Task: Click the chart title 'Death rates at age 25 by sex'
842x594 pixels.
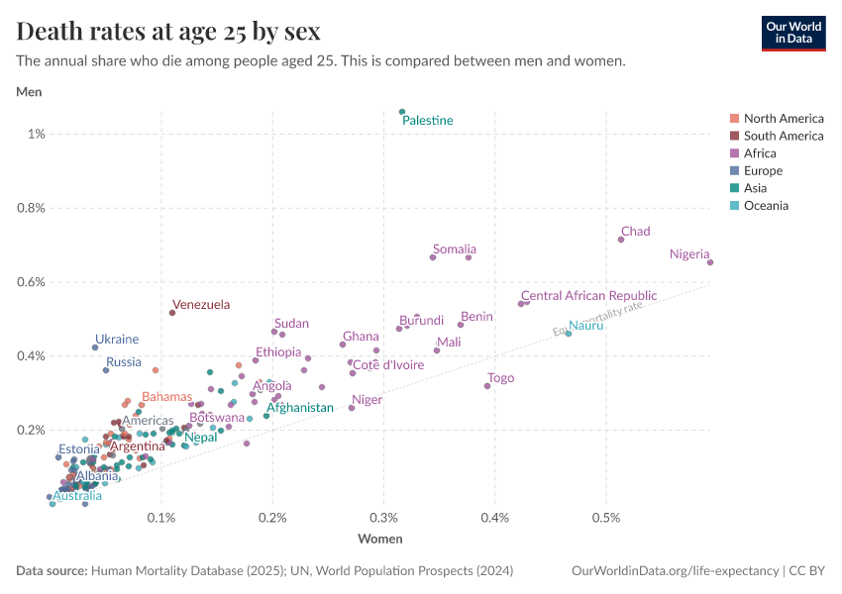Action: tap(168, 31)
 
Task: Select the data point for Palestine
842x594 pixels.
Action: tap(402, 112)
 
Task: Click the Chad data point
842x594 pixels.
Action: tap(621, 240)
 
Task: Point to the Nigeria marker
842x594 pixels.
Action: tap(710, 262)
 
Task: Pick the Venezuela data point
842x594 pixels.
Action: tap(172, 313)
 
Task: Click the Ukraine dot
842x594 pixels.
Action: tap(95, 347)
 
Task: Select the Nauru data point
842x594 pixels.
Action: tap(568, 334)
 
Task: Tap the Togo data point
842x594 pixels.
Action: tap(487, 386)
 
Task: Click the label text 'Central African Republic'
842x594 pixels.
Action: tap(588, 296)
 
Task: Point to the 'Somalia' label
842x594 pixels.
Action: tap(455, 249)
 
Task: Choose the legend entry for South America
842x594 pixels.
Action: tap(783, 136)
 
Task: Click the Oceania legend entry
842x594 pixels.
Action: tap(773, 206)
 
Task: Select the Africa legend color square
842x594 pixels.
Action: tap(734, 153)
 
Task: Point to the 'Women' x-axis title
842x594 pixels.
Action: tap(379, 539)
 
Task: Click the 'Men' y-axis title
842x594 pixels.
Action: tap(29, 92)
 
